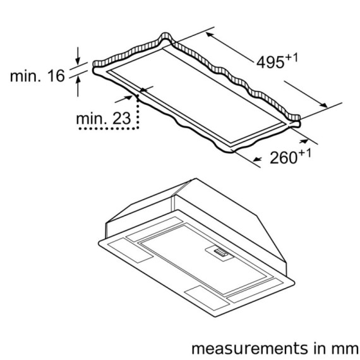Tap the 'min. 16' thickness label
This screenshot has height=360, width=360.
[x=37, y=76]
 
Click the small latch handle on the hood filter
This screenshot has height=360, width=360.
[x=220, y=253]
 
